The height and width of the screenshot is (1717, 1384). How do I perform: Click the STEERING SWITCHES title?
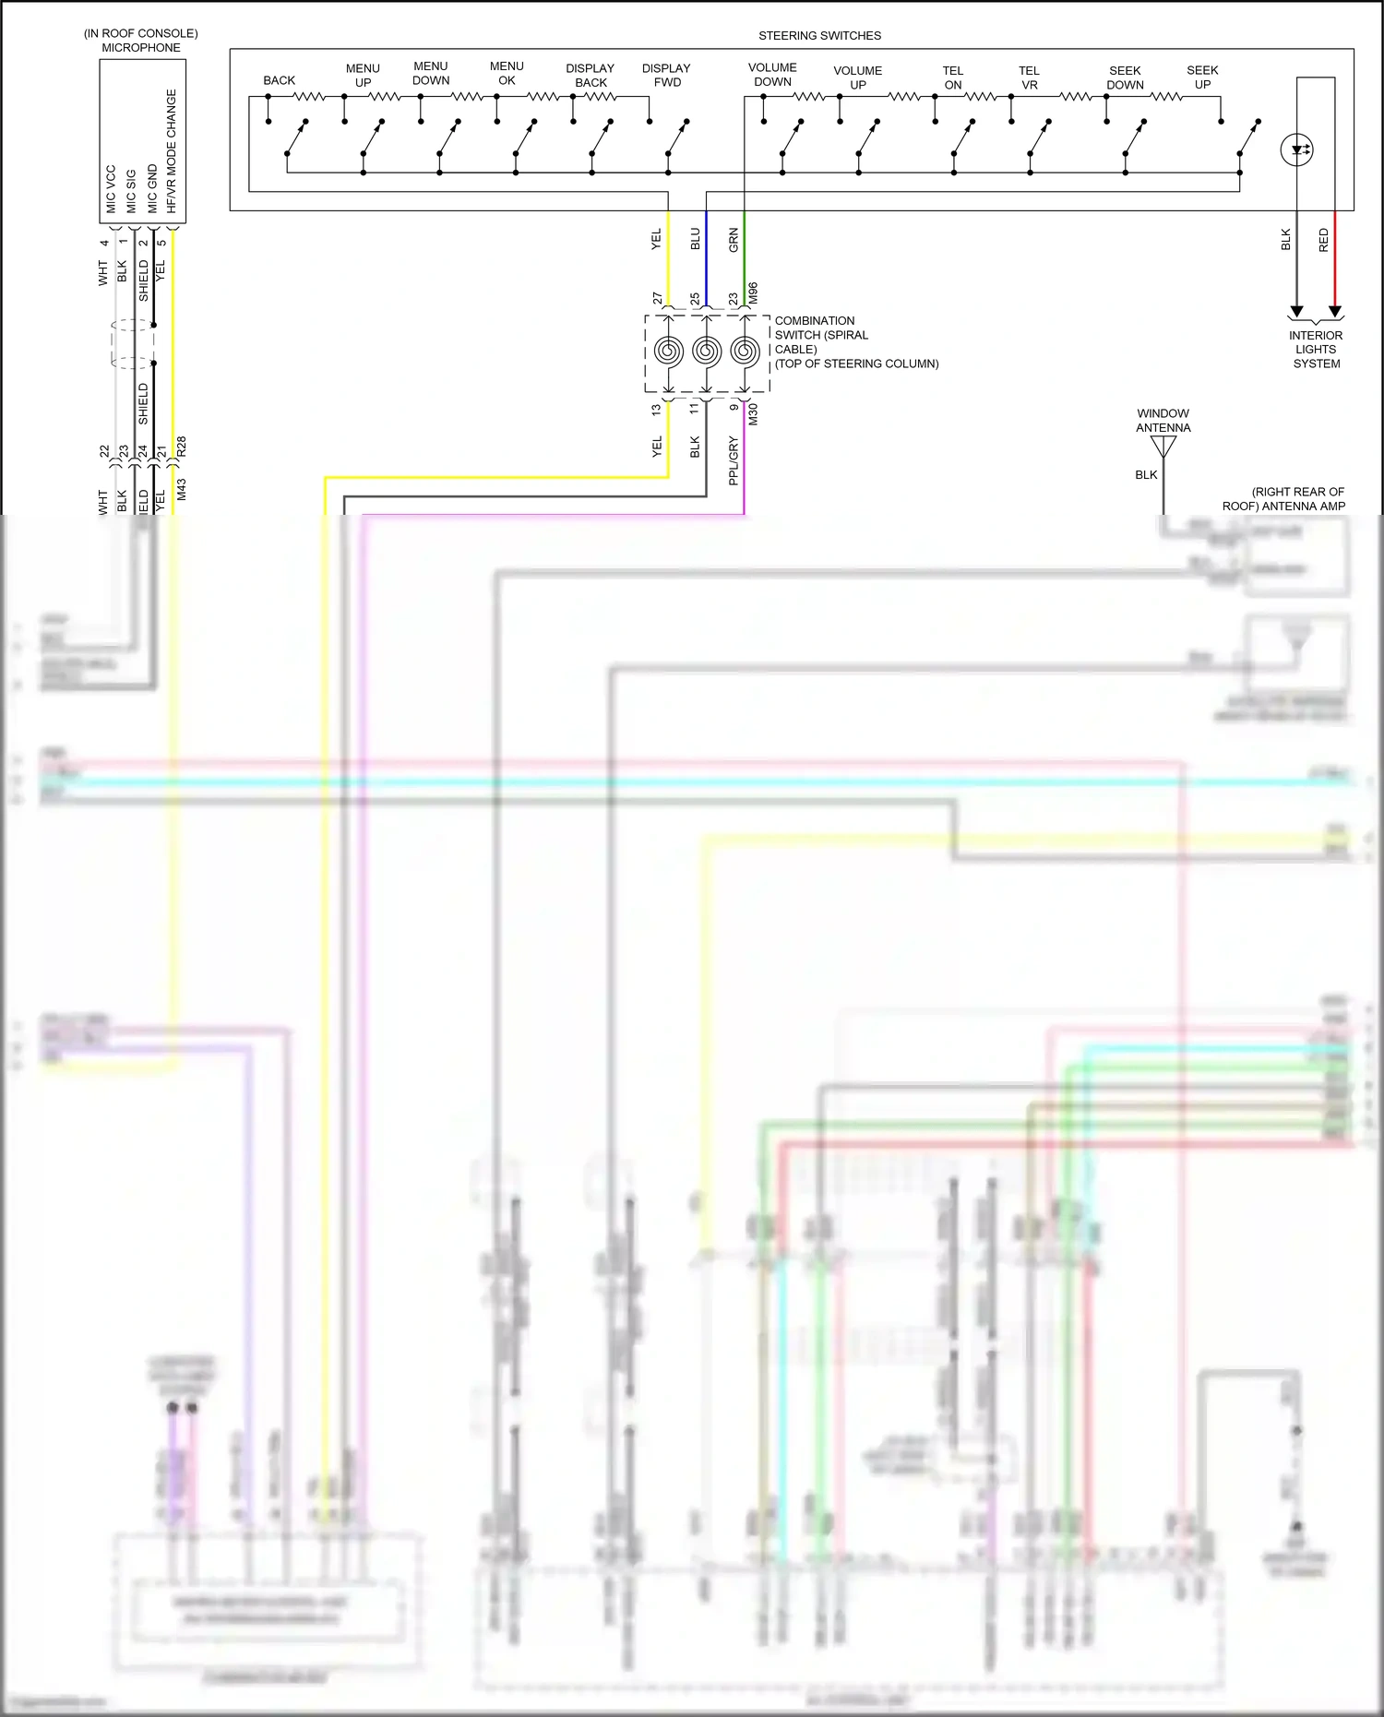point(819,36)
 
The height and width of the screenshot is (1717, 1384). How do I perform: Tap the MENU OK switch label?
point(507,73)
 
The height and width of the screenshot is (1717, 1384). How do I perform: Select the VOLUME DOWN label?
point(772,75)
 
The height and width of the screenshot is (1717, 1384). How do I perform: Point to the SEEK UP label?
point(1202,77)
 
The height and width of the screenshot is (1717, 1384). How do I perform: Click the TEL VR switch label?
point(1029,78)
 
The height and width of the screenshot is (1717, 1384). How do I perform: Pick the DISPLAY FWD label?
point(666,75)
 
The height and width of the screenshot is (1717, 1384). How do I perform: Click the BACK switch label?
point(279,80)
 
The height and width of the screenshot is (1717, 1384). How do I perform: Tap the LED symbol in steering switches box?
point(1297,149)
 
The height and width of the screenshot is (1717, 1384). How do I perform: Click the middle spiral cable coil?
point(707,351)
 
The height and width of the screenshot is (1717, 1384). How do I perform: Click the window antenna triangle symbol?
point(1163,447)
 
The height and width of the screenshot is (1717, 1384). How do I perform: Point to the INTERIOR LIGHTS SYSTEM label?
point(1316,350)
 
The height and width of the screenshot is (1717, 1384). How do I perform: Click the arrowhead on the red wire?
point(1334,312)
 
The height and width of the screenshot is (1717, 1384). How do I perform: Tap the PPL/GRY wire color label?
point(734,460)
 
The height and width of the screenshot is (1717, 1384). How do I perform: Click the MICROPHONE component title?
point(141,47)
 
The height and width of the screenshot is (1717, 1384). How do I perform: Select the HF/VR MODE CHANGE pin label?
point(172,151)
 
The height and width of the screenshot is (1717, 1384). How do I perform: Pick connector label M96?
point(753,293)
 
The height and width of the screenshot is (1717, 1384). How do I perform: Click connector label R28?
point(182,447)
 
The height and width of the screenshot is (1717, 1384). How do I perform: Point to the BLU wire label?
point(696,240)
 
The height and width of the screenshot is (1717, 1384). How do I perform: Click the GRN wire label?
point(734,240)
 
